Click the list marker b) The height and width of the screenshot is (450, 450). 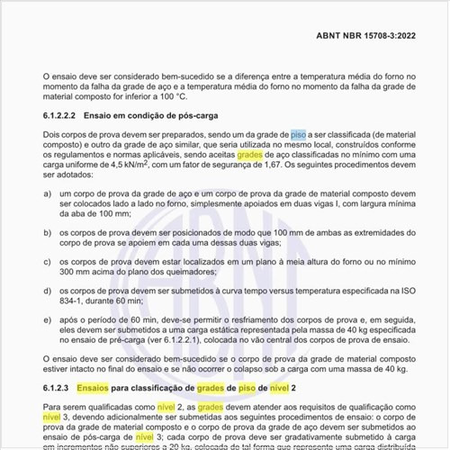pyautogui.click(x=48, y=232)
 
